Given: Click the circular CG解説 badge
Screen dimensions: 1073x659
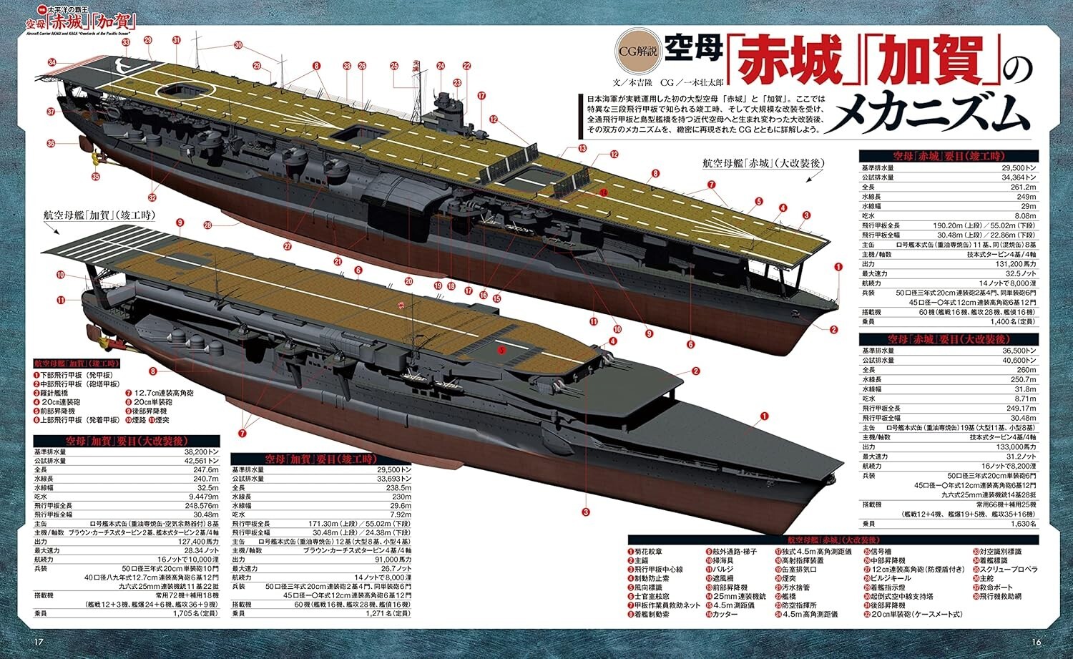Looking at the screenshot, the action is point(638,52).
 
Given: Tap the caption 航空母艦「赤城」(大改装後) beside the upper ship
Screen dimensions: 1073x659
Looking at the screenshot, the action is point(763,164).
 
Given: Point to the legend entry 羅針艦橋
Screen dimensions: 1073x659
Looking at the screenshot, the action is point(54,393).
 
